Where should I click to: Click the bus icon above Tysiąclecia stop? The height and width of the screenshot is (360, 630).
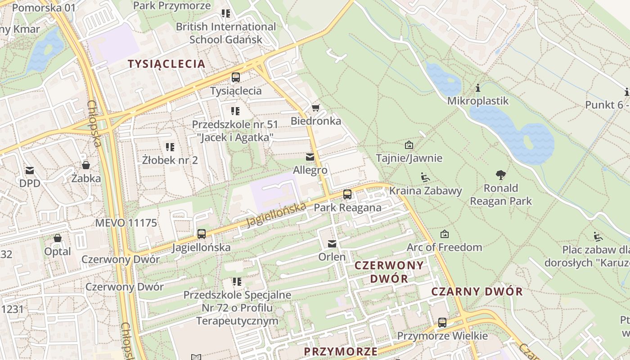click(x=236, y=77)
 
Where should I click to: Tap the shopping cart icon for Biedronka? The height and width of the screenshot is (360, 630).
click(x=315, y=108)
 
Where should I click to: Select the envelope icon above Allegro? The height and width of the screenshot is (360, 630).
click(x=310, y=157)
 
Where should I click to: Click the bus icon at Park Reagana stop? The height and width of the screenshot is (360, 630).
click(x=347, y=194)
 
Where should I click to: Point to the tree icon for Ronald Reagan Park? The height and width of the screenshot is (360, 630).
click(x=500, y=175)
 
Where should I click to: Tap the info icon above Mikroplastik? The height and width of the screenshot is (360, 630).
click(x=477, y=88)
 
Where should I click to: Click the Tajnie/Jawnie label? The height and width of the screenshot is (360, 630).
click(x=409, y=158)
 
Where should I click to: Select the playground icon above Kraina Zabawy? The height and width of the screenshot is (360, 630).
click(x=425, y=177)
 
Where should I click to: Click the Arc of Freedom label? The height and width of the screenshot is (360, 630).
click(x=444, y=247)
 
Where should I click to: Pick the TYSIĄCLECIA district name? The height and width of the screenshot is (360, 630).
click(x=166, y=64)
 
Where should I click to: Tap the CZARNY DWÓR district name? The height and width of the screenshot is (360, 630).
click(x=477, y=292)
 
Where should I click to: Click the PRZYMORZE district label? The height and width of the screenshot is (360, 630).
click(x=341, y=351)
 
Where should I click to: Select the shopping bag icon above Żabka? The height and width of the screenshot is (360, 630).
click(x=85, y=165)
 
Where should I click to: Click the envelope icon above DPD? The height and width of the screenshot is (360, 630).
click(x=30, y=171)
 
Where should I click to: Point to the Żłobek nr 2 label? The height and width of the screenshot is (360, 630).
click(x=170, y=160)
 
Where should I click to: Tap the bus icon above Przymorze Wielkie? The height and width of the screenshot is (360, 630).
click(x=442, y=323)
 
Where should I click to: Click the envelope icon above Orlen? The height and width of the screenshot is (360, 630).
click(x=332, y=244)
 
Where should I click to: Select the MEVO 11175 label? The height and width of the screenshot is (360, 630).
click(x=126, y=223)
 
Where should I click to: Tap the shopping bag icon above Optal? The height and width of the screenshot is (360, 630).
click(x=58, y=238)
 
